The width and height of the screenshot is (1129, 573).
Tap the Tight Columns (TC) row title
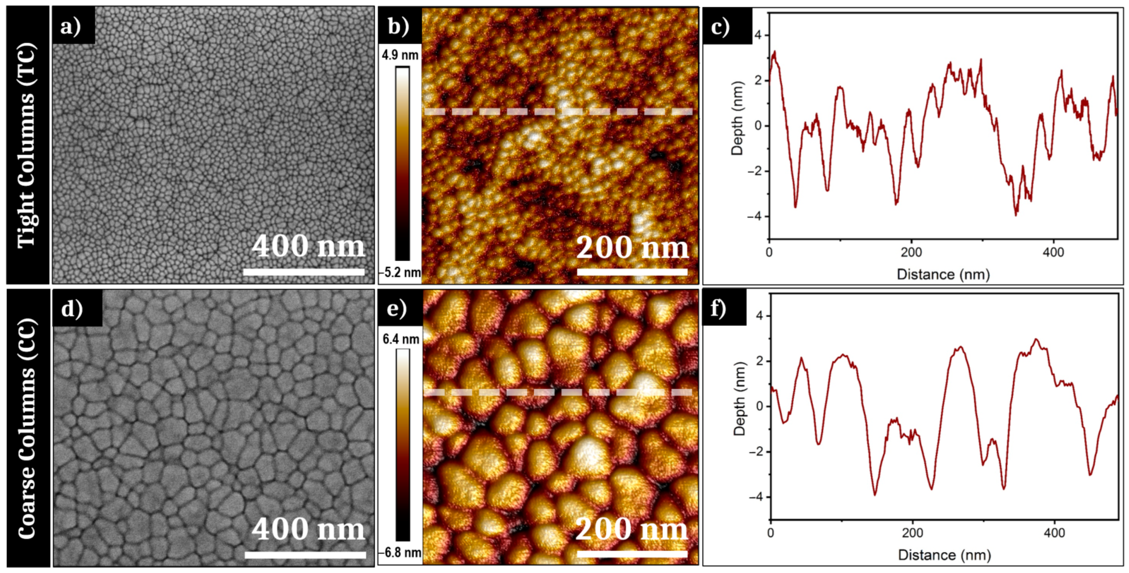(27, 145)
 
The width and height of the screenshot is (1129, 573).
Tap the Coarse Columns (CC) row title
(27, 428)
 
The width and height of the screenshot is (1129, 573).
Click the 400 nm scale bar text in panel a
(308, 247)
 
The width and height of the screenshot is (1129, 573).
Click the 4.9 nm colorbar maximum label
(400, 56)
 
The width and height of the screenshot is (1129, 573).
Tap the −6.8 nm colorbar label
(400, 553)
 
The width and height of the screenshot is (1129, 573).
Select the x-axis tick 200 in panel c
(912, 253)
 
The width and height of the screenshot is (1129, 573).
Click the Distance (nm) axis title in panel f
(944, 555)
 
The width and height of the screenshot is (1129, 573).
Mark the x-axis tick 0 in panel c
(769, 253)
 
